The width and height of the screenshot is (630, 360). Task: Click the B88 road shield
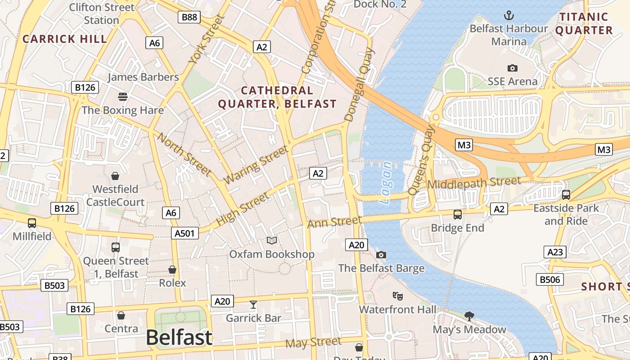[x=189, y=17]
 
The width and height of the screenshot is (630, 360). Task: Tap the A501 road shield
[x=185, y=233]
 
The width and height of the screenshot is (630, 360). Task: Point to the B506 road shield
[x=550, y=279]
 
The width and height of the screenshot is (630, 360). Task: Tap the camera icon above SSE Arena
[x=512, y=68]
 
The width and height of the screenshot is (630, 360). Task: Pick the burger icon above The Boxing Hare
[x=122, y=97]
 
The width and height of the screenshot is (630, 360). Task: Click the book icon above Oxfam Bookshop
[x=271, y=241]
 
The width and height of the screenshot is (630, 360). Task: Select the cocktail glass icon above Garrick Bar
[x=253, y=305]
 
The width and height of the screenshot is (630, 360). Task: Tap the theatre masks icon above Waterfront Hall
[x=397, y=296]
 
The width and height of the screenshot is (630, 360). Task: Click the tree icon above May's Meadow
[x=469, y=316]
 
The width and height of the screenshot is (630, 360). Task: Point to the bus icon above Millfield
[x=32, y=223]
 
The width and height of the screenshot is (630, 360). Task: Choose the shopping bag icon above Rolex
[x=172, y=270]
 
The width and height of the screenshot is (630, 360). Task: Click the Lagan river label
[x=386, y=183]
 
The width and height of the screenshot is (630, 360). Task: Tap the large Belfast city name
[x=179, y=337]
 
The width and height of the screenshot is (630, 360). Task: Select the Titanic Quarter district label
[x=584, y=24]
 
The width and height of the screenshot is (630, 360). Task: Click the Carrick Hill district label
[x=65, y=39]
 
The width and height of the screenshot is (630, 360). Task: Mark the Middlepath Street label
[x=474, y=183]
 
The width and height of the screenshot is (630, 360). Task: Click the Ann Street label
[x=334, y=221]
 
